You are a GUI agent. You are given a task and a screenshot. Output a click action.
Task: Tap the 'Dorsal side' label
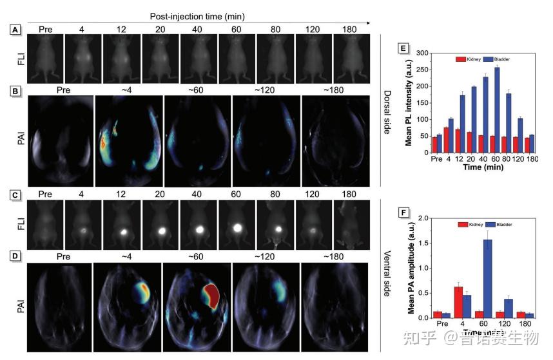pyautogui.click(x=388, y=103)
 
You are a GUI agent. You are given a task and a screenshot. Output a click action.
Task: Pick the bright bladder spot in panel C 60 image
pyautogui.click(x=237, y=227)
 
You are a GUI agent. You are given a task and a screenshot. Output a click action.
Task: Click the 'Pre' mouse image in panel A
pyautogui.click(x=46, y=59)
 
